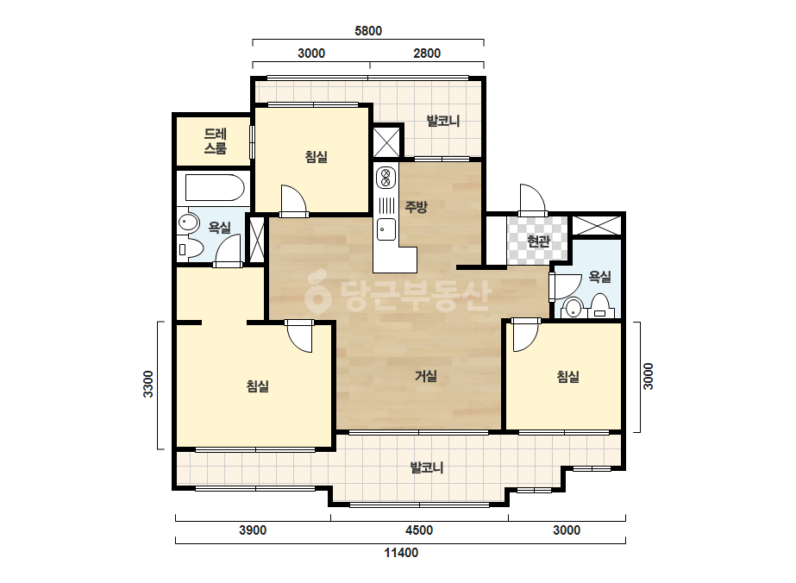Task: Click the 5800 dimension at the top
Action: click(368, 31)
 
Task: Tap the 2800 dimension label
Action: click(426, 53)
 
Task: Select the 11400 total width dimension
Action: click(401, 553)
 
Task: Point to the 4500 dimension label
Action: click(419, 530)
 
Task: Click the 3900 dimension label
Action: click(253, 530)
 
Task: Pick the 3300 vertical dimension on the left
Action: click(147, 385)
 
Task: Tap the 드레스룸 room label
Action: click(216, 141)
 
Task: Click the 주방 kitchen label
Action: click(417, 207)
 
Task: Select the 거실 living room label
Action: click(426, 376)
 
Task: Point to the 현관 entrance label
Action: click(538, 241)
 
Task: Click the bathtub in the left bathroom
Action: click(215, 188)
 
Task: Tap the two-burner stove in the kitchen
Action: click(385, 178)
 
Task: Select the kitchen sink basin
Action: click(386, 229)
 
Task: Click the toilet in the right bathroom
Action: click(600, 305)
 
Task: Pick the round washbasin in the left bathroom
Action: click(188, 223)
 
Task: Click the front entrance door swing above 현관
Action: click(532, 199)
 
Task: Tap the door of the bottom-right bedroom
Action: click(525, 335)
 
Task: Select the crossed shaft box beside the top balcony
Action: click(386, 142)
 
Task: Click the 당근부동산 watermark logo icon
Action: click(317, 291)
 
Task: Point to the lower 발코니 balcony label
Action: click(427, 467)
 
